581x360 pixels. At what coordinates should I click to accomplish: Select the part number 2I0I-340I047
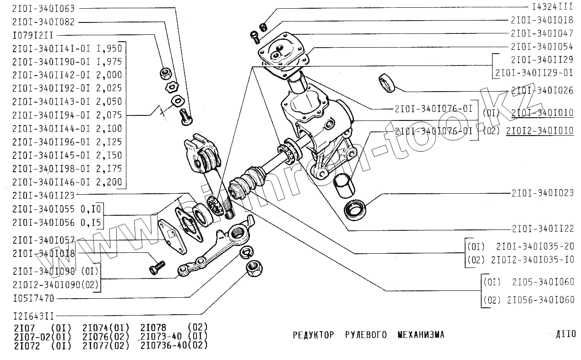coord(542,33)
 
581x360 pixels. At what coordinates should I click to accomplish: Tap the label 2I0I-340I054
coord(542,47)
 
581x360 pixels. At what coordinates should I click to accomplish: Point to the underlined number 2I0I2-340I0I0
coord(540,131)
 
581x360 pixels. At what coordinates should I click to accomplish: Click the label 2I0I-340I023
coord(543,193)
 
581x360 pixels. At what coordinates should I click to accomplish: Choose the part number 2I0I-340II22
coord(543,228)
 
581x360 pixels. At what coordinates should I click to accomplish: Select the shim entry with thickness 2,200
coord(67,182)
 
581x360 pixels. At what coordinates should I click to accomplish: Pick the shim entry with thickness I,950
coord(67,48)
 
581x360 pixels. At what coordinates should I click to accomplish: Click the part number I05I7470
coord(33,299)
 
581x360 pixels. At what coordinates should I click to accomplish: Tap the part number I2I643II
coord(34,316)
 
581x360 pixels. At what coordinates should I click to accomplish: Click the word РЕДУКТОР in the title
coord(313,335)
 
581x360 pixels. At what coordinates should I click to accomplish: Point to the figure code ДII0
coord(565,334)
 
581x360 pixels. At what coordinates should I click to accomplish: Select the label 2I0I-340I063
coord(43,8)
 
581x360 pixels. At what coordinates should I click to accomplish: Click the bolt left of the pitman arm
coord(157,267)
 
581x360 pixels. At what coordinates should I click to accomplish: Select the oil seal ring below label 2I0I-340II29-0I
coord(387,82)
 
